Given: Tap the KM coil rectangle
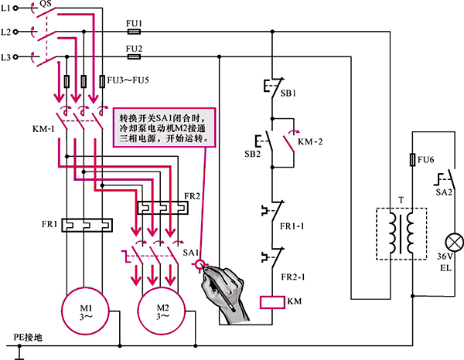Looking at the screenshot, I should tap(273, 301).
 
